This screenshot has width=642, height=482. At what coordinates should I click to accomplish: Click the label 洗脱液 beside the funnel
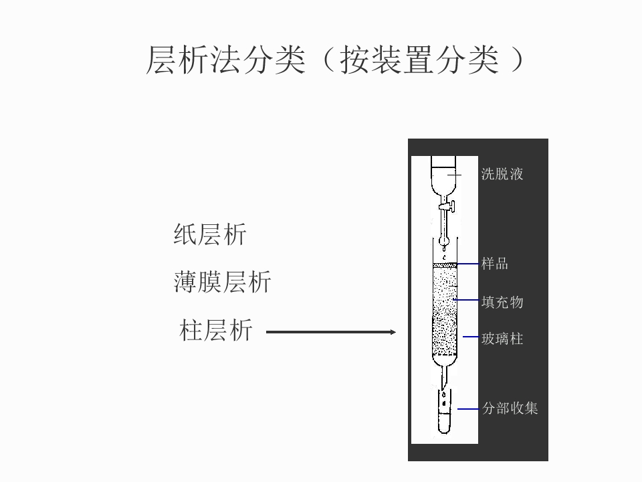click(x=502, y=175)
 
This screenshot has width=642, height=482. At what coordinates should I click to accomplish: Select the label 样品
click(x=495, y=264)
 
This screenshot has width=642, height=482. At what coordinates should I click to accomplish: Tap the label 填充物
click(x=502, y=302)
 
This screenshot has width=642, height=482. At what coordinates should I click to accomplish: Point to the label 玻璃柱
click(x=502, y=339)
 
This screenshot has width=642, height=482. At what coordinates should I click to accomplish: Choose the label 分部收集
click(x=510, y=408)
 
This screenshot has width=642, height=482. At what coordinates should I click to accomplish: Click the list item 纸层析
click(x=210, y=235)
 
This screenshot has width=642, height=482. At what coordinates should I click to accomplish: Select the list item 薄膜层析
click(x=223, y=283)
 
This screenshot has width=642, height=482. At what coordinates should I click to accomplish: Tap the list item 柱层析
click(x=216, y=331)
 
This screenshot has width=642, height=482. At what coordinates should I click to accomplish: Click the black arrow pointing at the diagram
click(x=331, y=331)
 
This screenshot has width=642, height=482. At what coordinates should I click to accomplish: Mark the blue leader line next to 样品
click(x=468, y=264)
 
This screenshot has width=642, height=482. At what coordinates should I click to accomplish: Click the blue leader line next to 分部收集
click(x=467, y=408)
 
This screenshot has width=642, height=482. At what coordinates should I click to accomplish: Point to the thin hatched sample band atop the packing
click(x=445, y=265)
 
